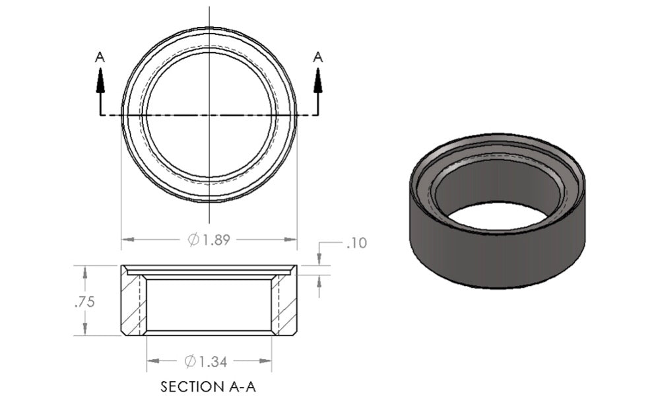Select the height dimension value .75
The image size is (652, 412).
click(x=84, y=302)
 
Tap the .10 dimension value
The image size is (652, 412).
click(x=356, y=244)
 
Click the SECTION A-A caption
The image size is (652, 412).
click(x=208, y=387)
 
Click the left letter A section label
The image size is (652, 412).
click(x=100, y=57)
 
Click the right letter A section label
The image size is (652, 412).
click(x=318, y=57)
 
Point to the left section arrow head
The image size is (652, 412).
click(x=100, y=79)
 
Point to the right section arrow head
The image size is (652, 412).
click(x=318, y=79)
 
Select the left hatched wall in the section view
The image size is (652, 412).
click(x=133, y=304)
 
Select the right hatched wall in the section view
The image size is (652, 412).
click(x=284, y=304)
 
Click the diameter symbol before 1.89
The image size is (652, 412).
click(x=193, y=240)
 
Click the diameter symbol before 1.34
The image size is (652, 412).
click(x=190, y=361)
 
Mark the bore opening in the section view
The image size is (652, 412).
click(x=209, y=304)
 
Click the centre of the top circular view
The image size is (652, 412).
click(x=209, y=115)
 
